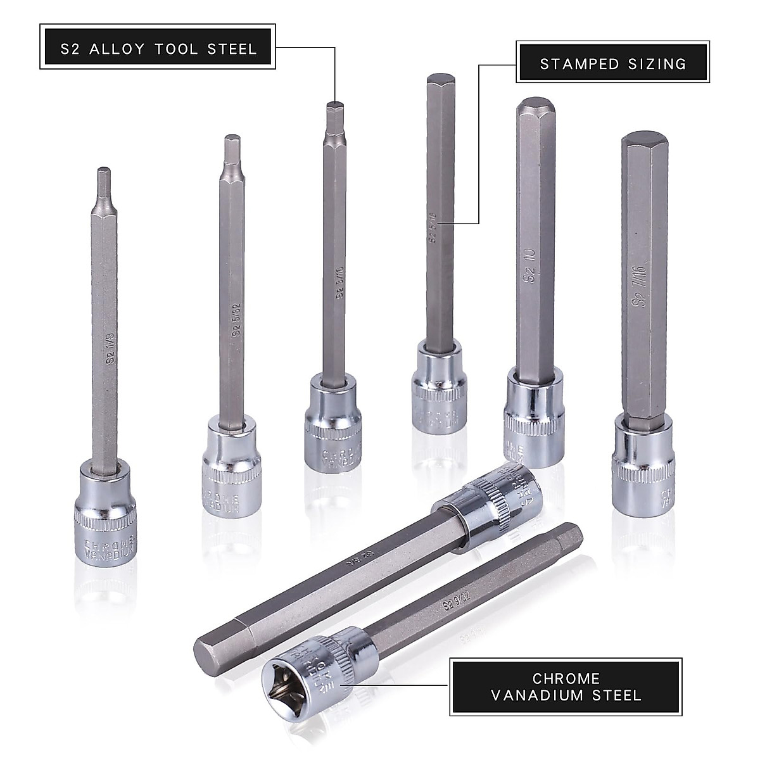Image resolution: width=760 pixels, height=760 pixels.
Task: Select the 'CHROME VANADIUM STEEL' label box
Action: coord(566,687)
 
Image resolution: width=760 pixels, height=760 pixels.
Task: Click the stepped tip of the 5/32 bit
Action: coord(232,152)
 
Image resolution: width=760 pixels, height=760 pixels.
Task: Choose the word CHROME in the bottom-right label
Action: coord(566,678)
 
